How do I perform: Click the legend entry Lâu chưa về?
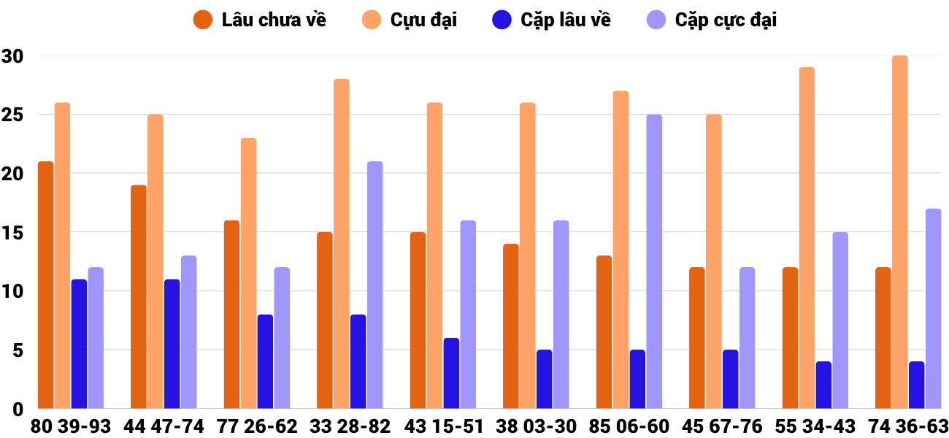click(260, 20)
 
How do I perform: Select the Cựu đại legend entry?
click(409, 20)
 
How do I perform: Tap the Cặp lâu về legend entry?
click(551, 20)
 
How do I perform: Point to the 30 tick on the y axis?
click(12, 56)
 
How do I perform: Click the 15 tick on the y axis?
click(12, 233)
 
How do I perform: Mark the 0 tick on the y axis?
click(18, 410)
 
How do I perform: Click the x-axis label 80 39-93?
click(71, 426)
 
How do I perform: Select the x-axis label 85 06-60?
click(629, 426)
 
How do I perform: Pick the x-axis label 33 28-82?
click(350, 426)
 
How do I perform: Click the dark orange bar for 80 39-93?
click(45, 285)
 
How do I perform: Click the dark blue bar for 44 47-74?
click(172, 344)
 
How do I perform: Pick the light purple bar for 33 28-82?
click(374, 285)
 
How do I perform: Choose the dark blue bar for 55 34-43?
click(823, 385)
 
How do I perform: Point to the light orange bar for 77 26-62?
click(248, 273)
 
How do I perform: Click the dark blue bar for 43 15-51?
click(451, 373)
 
